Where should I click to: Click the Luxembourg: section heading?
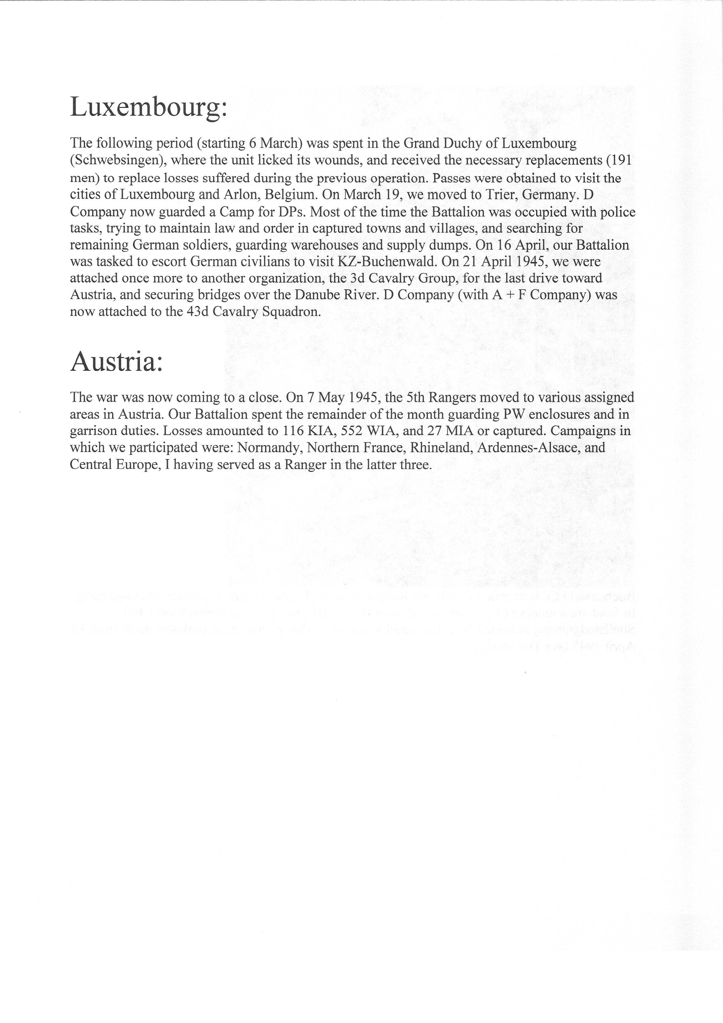[x=149, y=107]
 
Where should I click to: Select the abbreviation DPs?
[x=291, y=212]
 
